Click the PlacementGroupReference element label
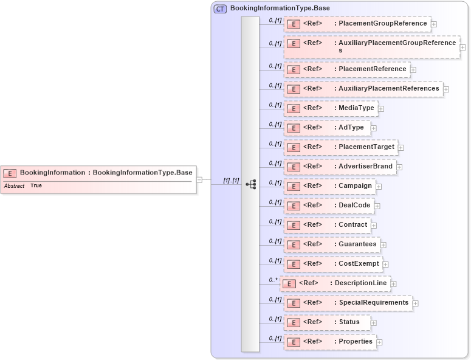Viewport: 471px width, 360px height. click(x=382, y=24)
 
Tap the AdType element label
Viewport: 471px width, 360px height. click(x=351, y=128)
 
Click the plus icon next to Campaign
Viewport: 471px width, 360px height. click(x=379, y=186)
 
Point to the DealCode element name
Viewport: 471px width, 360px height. click(x=354, y=205)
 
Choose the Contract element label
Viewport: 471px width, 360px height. click(x=352, y=224)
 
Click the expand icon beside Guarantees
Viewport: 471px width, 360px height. click(x=383, y=245)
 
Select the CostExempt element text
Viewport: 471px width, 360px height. click(x=359, y=263)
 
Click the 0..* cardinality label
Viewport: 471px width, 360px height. click(x=273, y=280)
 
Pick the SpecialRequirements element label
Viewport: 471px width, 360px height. click(x=373, y=302)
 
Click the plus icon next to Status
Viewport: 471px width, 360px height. click(x=374, y=323)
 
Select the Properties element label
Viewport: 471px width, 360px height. click(x=356, y=341)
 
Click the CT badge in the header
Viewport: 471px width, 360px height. click(x=220, y=9)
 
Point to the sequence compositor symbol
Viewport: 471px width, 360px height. click(x=250, y=184)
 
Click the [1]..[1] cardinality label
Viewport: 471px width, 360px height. click(x=231, y=181)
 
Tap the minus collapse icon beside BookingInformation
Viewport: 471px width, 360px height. click(x=199, y=180)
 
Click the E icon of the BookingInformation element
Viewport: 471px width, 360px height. click(x=10, y=173)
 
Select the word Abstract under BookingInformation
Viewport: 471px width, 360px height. click(x=14, y=185)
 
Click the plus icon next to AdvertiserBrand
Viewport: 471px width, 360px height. click(x=399, y=167)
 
